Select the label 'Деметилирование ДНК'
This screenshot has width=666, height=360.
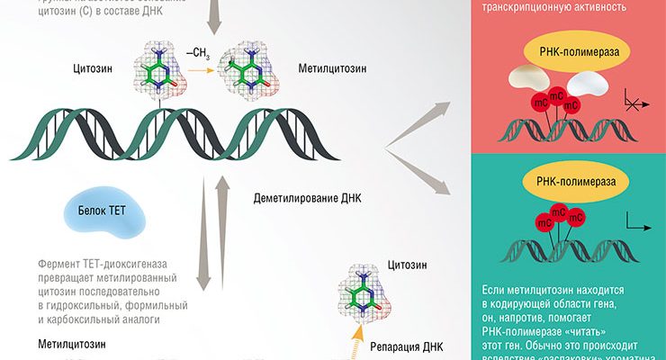coord(306,199)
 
